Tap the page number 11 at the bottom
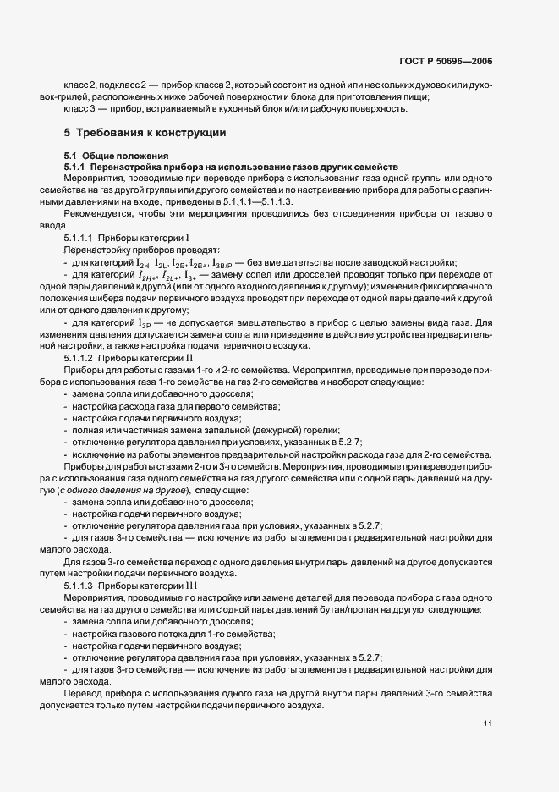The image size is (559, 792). tap(488, 722)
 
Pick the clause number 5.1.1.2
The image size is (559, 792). tap(79, 359)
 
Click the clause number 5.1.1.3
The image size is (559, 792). tap(79, 586)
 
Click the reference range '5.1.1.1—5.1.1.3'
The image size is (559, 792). tap(255, 203)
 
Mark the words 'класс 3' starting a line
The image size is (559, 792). tap(80, 109)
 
